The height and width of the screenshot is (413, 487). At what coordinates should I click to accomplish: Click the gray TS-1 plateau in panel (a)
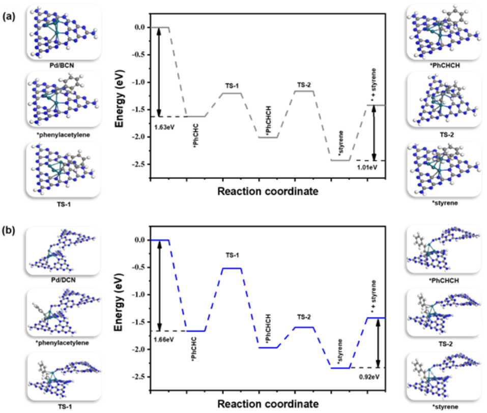(x=232, y=93)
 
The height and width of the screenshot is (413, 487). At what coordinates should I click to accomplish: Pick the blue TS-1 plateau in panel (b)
(x=232, y=268)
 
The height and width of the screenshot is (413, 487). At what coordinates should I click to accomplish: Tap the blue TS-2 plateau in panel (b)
(x=304, y=327)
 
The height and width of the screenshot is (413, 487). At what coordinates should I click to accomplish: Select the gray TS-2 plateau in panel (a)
(x=304, y=91)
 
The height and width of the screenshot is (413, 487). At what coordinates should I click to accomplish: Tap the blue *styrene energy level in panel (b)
(x=340, y=368)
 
